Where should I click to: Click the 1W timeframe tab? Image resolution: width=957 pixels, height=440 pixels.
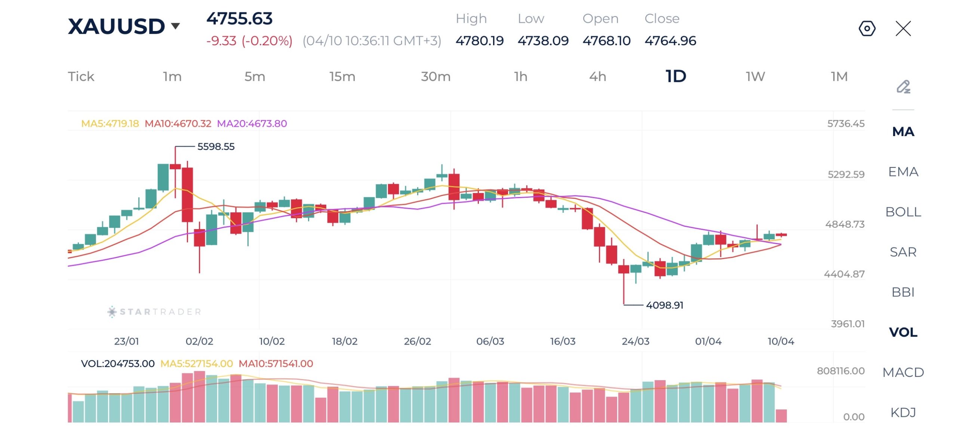coord(755,77)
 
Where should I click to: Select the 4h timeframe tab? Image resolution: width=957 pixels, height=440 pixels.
coord(597,77)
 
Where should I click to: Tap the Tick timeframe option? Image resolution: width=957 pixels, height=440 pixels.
coord(81,77)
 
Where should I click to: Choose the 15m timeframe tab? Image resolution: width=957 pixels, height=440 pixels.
coord(342,77)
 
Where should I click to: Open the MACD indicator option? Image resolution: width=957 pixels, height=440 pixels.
coord(903,372)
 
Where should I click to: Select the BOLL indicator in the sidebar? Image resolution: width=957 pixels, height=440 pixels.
coord(903,212)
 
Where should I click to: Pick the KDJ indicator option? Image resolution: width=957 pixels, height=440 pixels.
coord(903,412)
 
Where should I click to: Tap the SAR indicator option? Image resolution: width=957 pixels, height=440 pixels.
coord(903,252)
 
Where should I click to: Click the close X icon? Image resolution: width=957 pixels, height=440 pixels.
coord(903,28)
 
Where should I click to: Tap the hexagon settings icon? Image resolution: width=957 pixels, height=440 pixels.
coord(867,28)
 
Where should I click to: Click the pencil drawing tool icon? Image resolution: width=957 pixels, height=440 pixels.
coord(903,87)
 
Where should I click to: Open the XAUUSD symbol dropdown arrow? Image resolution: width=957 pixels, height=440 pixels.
coord(175,26)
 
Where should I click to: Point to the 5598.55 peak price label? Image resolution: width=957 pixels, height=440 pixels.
coord(216,147)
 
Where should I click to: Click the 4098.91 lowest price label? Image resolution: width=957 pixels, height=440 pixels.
coord(664,305)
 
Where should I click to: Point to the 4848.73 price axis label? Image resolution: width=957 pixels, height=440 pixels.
coord(844,224)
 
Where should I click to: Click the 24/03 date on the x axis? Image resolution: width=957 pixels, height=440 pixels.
coord(635,341)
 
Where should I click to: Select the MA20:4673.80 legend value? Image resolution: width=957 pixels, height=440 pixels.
coord(252,124)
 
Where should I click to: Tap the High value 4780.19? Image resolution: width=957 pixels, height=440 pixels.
coord(479,41)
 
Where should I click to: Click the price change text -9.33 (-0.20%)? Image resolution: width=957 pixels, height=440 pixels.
coord(249,41)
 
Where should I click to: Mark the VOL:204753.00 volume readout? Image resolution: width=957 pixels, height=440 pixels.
coord(117,363)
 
